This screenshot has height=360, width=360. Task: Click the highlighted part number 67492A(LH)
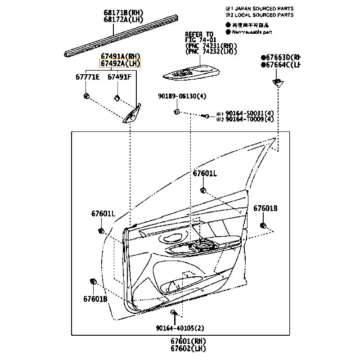point(120,63)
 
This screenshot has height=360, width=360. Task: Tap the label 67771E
point(87,77)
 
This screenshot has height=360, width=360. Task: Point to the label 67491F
point(119,77)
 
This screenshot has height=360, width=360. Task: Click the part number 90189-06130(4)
point(182,96)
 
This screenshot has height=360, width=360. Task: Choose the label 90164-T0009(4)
point(249,119)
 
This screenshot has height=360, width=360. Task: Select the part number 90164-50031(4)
point(249,113)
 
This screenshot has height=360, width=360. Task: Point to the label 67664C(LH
point(283,65)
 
